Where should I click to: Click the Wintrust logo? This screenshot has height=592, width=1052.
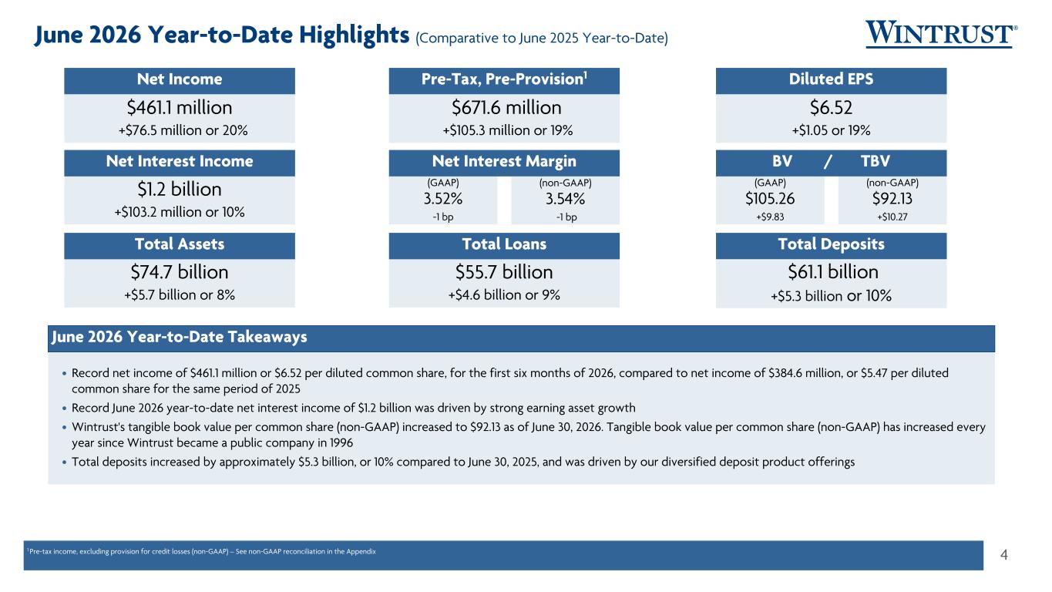[x=941, y=34]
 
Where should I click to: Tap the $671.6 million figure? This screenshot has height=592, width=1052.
[x=506, y=108]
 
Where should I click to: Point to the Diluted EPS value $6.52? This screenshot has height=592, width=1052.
[x=831, y=108]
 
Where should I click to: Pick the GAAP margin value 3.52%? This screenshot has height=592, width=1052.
[x=443, y=199]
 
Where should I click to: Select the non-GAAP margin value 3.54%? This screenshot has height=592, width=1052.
[x=565, y=199]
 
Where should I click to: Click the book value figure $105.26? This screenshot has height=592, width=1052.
[x=770, y=199]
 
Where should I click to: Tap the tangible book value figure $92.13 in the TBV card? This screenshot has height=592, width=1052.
[x=892, y=199]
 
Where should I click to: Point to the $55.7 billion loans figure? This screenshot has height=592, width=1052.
[x=504, y=272]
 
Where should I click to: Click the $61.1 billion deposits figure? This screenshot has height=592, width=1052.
[x=832, y=272]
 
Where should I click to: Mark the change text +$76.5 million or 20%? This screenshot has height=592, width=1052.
[x=183, y=130]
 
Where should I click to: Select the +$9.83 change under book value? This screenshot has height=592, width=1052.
[x=770, y=217]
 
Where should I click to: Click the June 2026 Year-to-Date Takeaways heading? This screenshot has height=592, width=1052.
[x=179, y=337]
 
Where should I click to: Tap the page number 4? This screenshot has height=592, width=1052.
[x=1004, y=555]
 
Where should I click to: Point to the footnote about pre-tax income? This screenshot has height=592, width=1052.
[x=201, y=552]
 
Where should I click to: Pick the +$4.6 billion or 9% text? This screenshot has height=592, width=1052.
[x=504, y=295]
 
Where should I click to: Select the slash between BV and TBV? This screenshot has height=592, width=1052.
[x=828, y=162]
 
